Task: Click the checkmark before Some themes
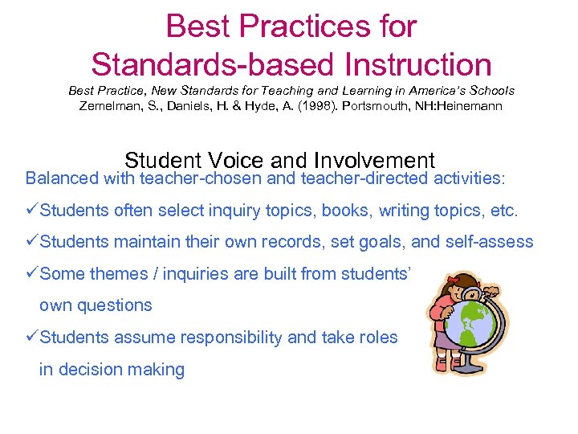(32, 273)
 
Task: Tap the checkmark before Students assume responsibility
(32, 338)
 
